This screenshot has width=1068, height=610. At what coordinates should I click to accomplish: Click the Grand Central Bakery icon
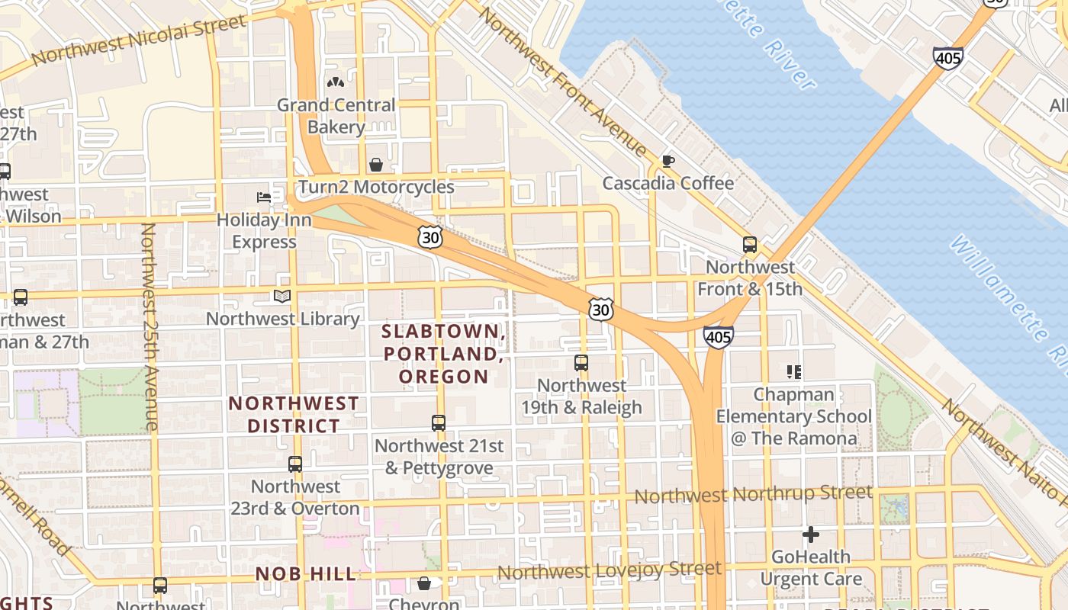[x=336, y=82]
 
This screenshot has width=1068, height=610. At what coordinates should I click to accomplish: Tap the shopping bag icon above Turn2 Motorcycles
[x=376, y=165]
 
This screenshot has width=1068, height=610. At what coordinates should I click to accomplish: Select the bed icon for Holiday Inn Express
[x=264, y=197]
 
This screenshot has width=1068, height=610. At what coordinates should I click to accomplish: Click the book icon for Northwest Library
[x=282, y=296]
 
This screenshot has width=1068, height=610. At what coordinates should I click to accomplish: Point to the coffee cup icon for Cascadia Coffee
[x=668, y=161]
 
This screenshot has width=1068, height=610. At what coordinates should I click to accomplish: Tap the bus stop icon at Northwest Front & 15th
[x=750, y=245]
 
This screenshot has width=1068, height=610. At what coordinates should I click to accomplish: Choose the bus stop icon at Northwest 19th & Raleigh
[x=581, y=363]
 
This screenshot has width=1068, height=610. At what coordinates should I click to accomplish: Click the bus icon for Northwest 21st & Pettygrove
[x=439, y=423]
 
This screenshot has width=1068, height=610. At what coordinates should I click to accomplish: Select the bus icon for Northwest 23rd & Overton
[x=295, y=464]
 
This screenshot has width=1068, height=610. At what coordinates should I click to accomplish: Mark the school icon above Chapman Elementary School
[x=794, y=372]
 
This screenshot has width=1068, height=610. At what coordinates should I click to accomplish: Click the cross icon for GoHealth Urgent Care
[x=811, y=535]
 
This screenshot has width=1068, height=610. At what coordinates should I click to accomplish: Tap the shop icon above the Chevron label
[x=424, y=583]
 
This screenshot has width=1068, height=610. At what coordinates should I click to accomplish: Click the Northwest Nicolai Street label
[x=140, y=40]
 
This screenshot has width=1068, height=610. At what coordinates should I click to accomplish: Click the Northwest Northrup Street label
[x=753, y=494]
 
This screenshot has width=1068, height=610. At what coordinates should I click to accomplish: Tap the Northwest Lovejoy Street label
[x=609, y=570]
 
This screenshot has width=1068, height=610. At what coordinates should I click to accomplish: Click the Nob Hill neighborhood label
[x=306, y=574]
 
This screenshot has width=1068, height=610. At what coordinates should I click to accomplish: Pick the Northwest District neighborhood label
[x=294, y=414]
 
